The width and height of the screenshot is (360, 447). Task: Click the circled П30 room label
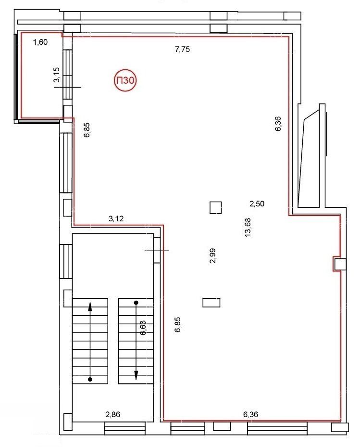[x=125, y=80]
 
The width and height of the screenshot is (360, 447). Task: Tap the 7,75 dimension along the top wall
[x=182, y=49]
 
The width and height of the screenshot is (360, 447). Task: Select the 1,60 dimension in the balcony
[x=40, y=42]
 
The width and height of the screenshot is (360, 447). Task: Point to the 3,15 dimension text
[x=56, y=75]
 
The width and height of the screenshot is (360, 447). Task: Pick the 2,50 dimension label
[x=257, y=204]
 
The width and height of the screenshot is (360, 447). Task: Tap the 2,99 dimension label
[x=212, y=256]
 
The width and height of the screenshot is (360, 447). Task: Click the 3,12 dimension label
[x=116, y=218]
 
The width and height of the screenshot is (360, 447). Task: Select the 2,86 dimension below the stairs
[x=113, y=414]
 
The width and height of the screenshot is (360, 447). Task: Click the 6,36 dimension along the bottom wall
[x=250, y=414]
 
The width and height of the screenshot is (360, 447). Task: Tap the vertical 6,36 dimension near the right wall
[x=278, y=124]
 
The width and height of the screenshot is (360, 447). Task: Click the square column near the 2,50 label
[x=216, y=207]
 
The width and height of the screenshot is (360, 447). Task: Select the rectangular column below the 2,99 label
[x=211, y=303]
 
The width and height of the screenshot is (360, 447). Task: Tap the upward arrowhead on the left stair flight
[x=90, y=306]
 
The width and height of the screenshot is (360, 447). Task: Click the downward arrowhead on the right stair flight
[x=136, y=375]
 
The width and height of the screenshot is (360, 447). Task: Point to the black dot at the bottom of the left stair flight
[x=90, y=379]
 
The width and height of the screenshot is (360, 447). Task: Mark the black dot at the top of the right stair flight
[x=136, y=303]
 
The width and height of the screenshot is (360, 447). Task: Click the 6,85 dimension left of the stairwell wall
[x=178, y=325]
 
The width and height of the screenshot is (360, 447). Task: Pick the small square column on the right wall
[x=340, y=264]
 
